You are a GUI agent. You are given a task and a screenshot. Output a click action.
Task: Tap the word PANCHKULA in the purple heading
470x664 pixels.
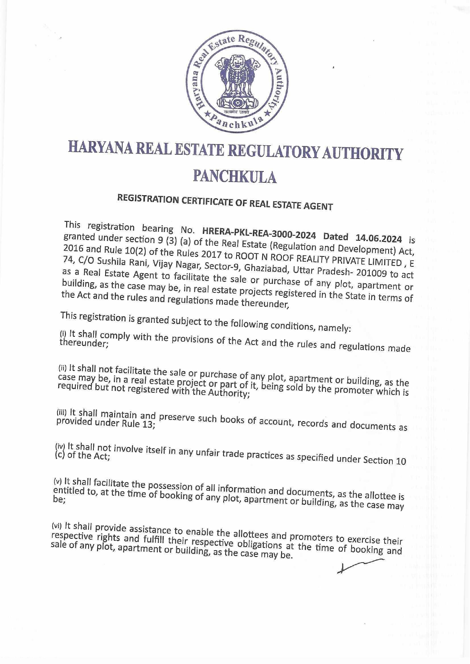(x=235, y=176)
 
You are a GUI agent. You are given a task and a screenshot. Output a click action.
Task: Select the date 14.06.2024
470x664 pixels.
(x=379, y=238)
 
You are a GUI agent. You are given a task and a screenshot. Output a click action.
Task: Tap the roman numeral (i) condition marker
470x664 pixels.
(x=63, y=334)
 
